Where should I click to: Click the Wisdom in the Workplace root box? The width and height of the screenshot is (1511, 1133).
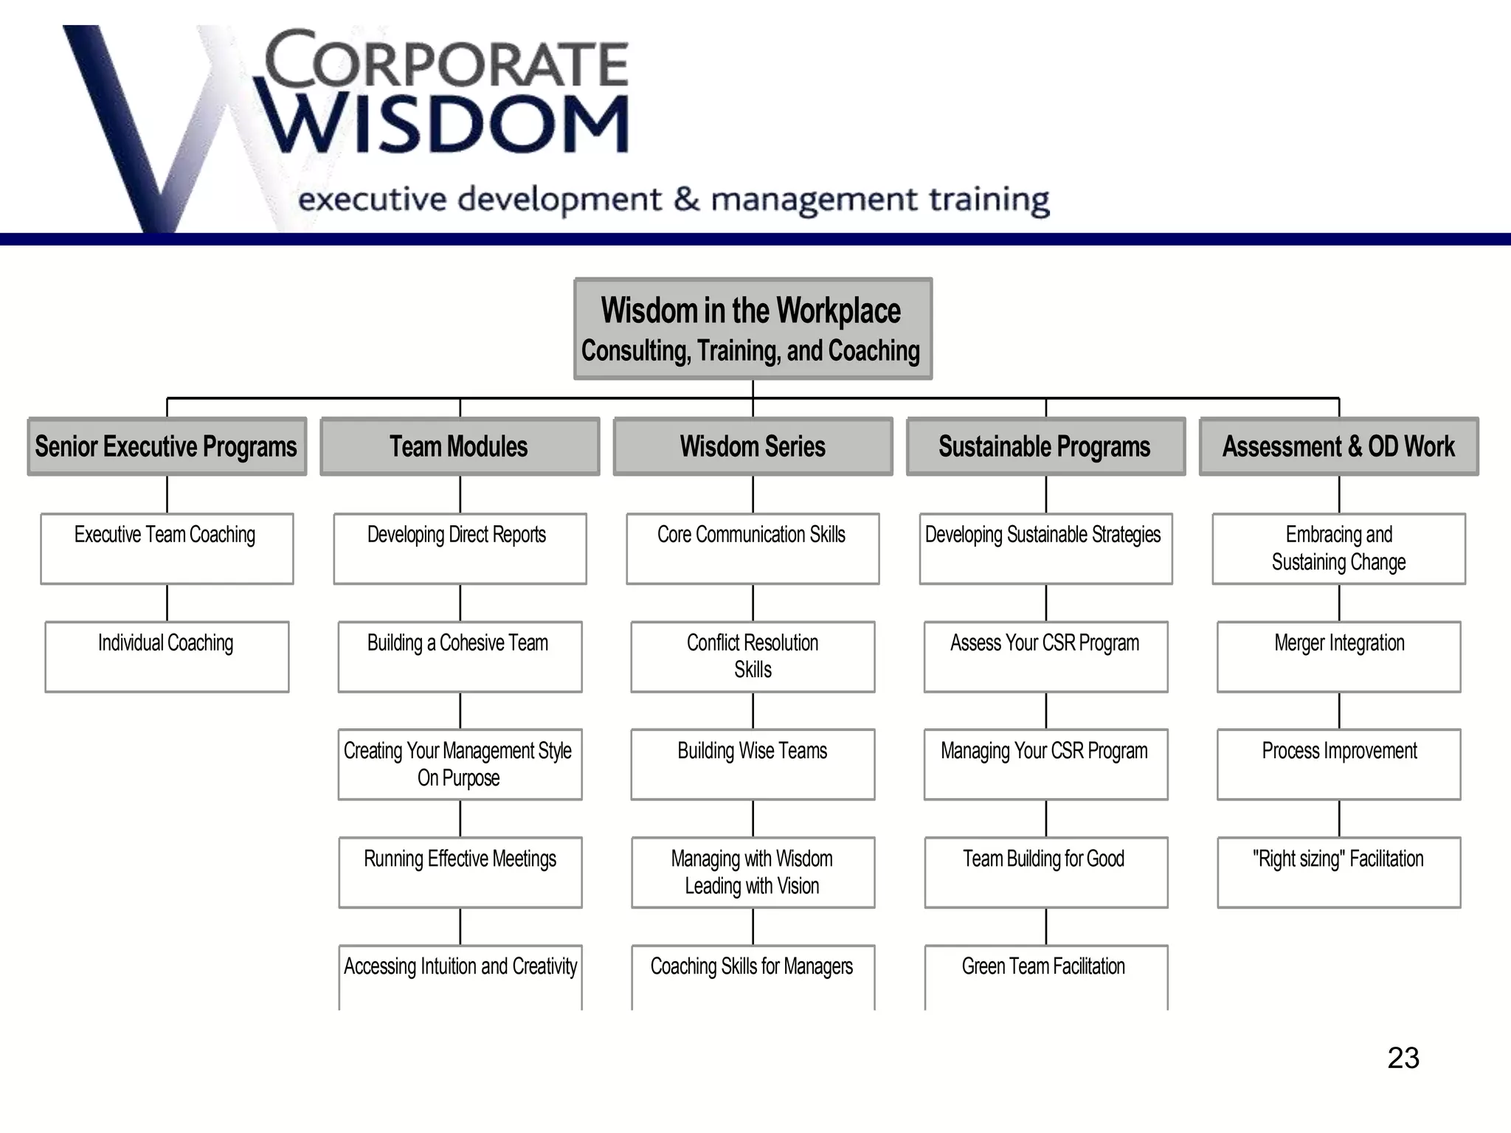point(753,329)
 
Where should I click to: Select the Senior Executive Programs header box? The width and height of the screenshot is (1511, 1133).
point(167,446)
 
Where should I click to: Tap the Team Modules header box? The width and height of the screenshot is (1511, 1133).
point(460,446)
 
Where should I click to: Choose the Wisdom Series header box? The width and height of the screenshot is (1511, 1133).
point(753,446)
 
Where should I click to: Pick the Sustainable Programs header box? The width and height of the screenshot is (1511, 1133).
point(1045,446)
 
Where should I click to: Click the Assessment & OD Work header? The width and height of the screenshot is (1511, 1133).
point(1338,446)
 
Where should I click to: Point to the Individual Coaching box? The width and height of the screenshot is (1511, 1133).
point(167,656)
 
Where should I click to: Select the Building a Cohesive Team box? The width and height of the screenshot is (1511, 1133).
point(460,656)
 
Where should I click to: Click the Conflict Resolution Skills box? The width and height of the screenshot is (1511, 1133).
point(753,656)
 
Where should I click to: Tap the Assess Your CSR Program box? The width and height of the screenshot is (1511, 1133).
point(1045,656)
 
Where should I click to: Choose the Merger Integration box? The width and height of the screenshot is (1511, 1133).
point(1338,656)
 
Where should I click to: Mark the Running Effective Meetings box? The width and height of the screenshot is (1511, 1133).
point(460,872)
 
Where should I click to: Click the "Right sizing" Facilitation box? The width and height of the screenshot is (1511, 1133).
point(1338,872)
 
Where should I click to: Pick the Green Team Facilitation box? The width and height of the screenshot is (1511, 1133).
point(1045,975)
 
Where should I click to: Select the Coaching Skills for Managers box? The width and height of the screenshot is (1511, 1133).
point(753,975)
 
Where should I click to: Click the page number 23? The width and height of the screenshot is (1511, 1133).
point(1403,1058)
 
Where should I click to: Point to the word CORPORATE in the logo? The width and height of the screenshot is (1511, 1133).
point(447,60)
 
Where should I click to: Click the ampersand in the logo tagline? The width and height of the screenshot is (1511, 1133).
point(686,199)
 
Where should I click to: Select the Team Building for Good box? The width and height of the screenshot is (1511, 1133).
point(1045,872)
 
